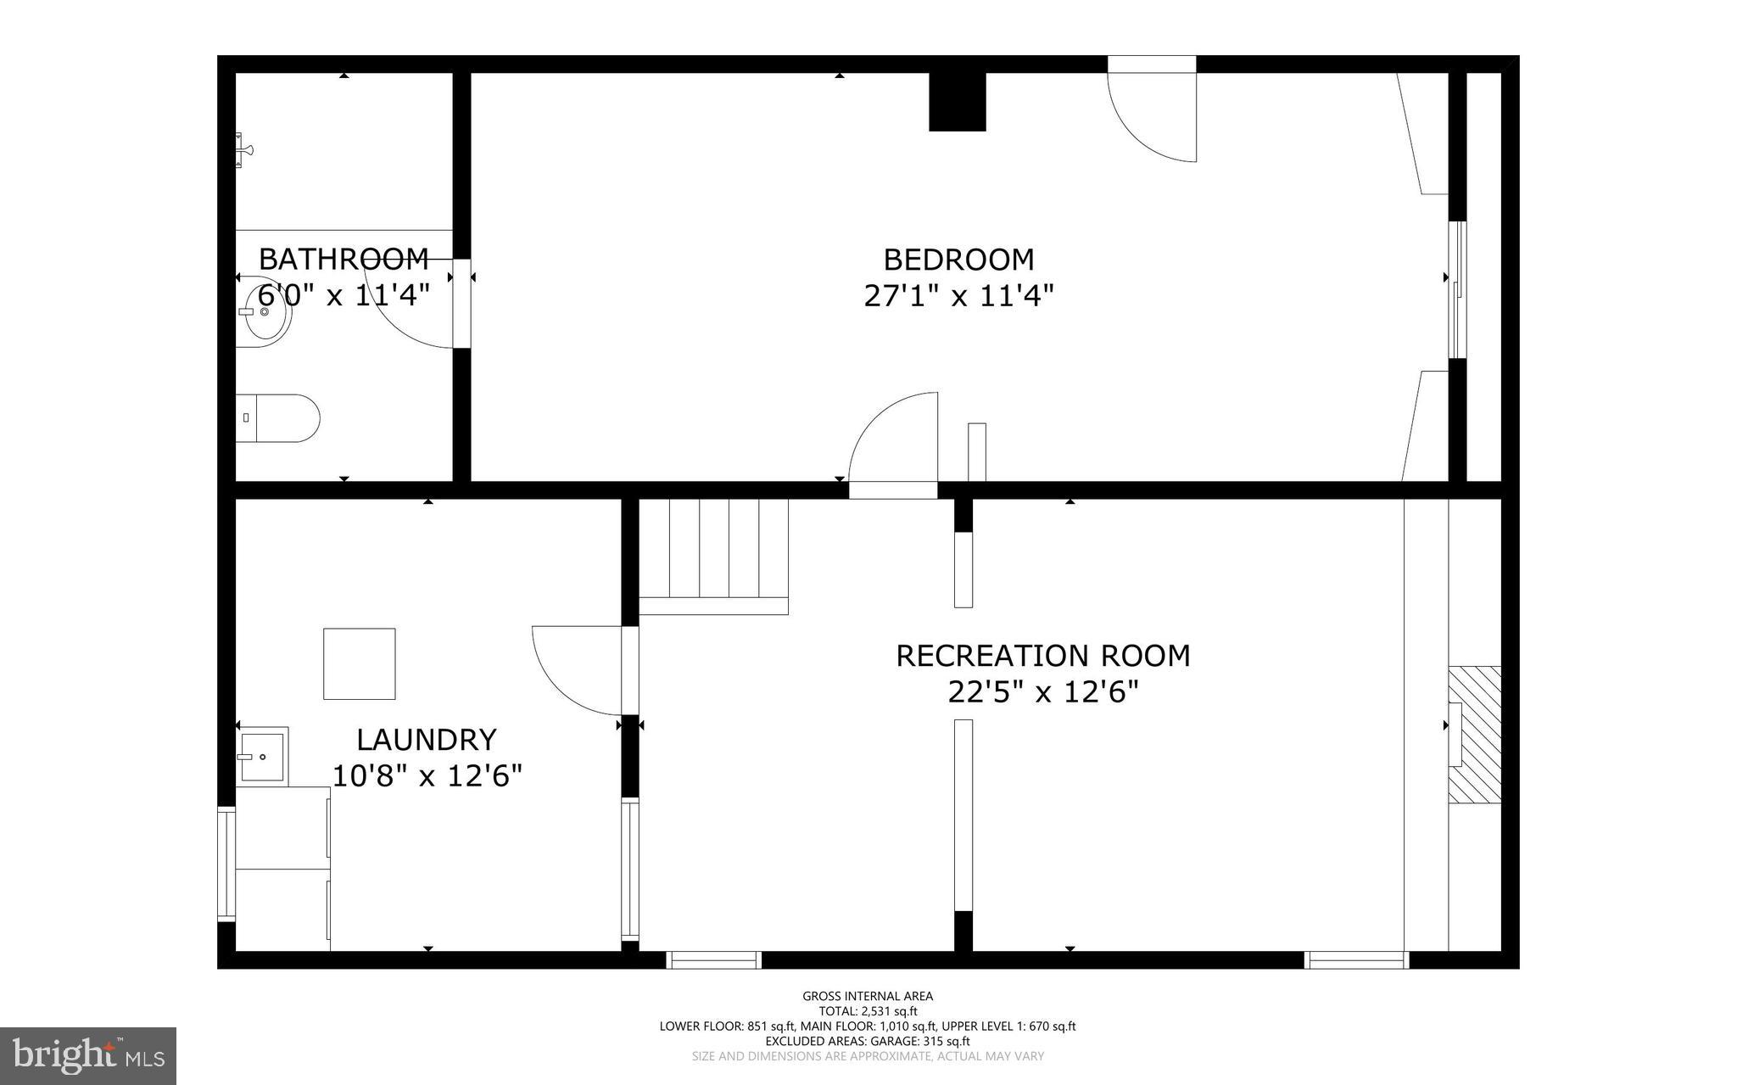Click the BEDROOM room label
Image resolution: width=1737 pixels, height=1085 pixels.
(x=958, y=259)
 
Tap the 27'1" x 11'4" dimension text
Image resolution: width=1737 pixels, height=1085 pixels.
(x=958, y=296)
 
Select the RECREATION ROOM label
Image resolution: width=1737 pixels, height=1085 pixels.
(x=1042, y=656)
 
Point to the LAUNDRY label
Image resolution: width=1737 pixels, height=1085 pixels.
(x=426, y=740)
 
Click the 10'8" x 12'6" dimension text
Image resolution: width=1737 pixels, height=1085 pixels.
(x=426, y=776)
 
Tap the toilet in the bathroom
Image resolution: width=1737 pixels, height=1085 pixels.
(x=277, y=417)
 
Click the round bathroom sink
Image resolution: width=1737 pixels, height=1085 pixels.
(x=265, y=311)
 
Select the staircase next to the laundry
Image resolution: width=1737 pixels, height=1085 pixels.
(x=713, y=556)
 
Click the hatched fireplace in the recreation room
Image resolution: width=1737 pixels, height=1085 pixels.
(x=1475, y=735)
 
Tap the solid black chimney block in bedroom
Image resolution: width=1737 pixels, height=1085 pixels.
(x=957, y=102)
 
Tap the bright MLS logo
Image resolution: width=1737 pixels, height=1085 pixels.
(x=88, y=1055)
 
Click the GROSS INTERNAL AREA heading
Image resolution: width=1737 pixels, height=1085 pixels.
(x=868, y=996)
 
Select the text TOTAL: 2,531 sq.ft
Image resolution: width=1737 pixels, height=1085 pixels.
(x=868, y=1011)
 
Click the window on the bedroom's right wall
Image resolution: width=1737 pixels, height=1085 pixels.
(x=1457, y=289)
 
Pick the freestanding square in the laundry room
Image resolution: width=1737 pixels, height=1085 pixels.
(x=359, y=663)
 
